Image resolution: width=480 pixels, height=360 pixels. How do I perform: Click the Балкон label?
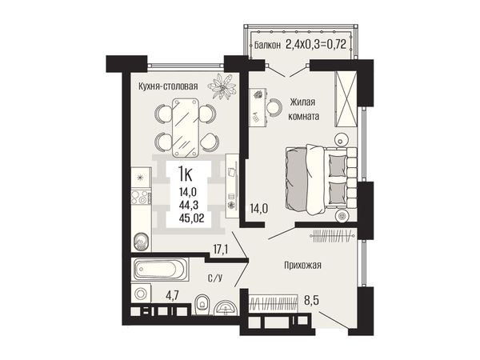click(x=267, y=46)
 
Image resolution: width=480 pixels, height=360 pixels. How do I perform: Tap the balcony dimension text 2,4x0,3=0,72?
click(x=316, y=44)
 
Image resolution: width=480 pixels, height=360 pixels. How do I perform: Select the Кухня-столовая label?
click(x=168, y=86)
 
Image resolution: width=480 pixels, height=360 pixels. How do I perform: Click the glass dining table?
click(x=186, y=127)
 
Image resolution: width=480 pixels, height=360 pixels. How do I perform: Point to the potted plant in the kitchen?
click(x=222, y=86)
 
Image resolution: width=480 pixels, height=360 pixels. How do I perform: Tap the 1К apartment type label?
click(x=186, y=175)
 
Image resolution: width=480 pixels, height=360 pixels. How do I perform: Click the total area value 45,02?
click(x=192, y=218)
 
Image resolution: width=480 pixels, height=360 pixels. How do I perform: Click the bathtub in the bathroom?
click(x=160, y=270)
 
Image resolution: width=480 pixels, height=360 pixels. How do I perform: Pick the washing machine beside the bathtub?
click(x=141, y=294)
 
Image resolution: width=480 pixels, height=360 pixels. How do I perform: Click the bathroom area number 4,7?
click(x=172, y=296)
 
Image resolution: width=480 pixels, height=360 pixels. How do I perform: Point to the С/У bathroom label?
click(x=215, y=278)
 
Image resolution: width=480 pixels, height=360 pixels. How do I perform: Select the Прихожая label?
click(x=302, y=265)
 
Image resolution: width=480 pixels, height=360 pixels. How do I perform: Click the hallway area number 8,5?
click(x=311, y=300)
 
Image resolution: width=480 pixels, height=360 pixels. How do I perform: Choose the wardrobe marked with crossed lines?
click(x=346, y=99)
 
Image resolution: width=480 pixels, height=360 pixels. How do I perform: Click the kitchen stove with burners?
click(x=141, y=197)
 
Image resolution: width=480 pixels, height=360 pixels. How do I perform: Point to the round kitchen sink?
click(x=141, y=242)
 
